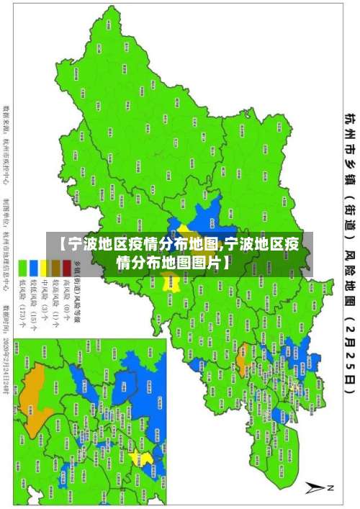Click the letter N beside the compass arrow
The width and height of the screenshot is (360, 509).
click(x=332, y=487)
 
